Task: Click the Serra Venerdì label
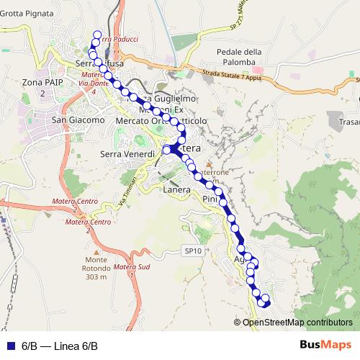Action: tap(128, 154)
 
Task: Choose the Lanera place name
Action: tap(176, 189)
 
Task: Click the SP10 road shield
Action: tap(190, 251)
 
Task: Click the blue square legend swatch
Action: tap(10, 346)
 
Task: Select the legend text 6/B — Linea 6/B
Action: tap(59, 346)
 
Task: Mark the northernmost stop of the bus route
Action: tap(96, 33)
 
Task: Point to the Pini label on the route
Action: tap(210, 198)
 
